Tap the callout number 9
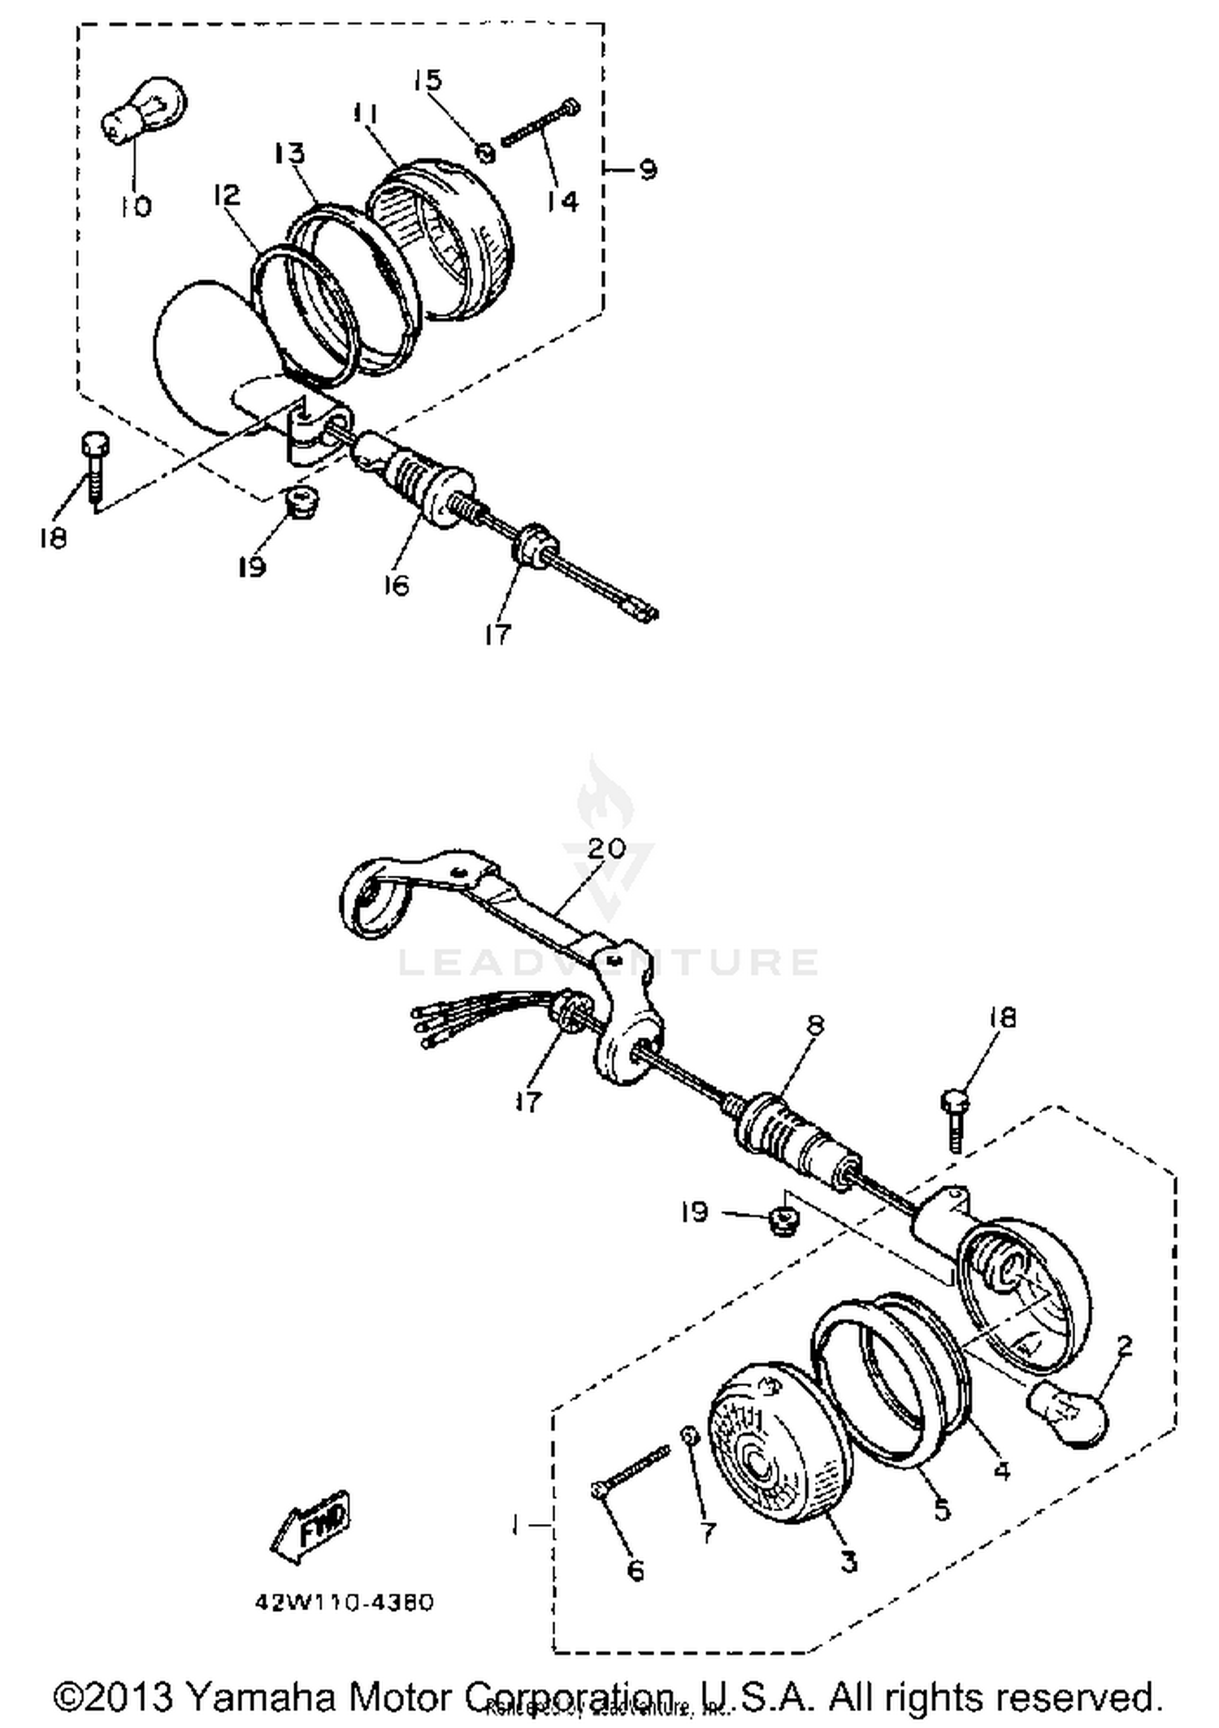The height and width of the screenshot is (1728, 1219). point(648,170)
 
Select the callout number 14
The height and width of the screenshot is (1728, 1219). point(562,201)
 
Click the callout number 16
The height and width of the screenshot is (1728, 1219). point(397,584)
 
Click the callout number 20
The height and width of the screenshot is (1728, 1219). point(606,848)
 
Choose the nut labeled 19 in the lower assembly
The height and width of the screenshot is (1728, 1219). point(782,1219)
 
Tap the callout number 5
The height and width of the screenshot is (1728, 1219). point(942,1509)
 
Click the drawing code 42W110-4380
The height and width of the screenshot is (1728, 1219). point(345,1603)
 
